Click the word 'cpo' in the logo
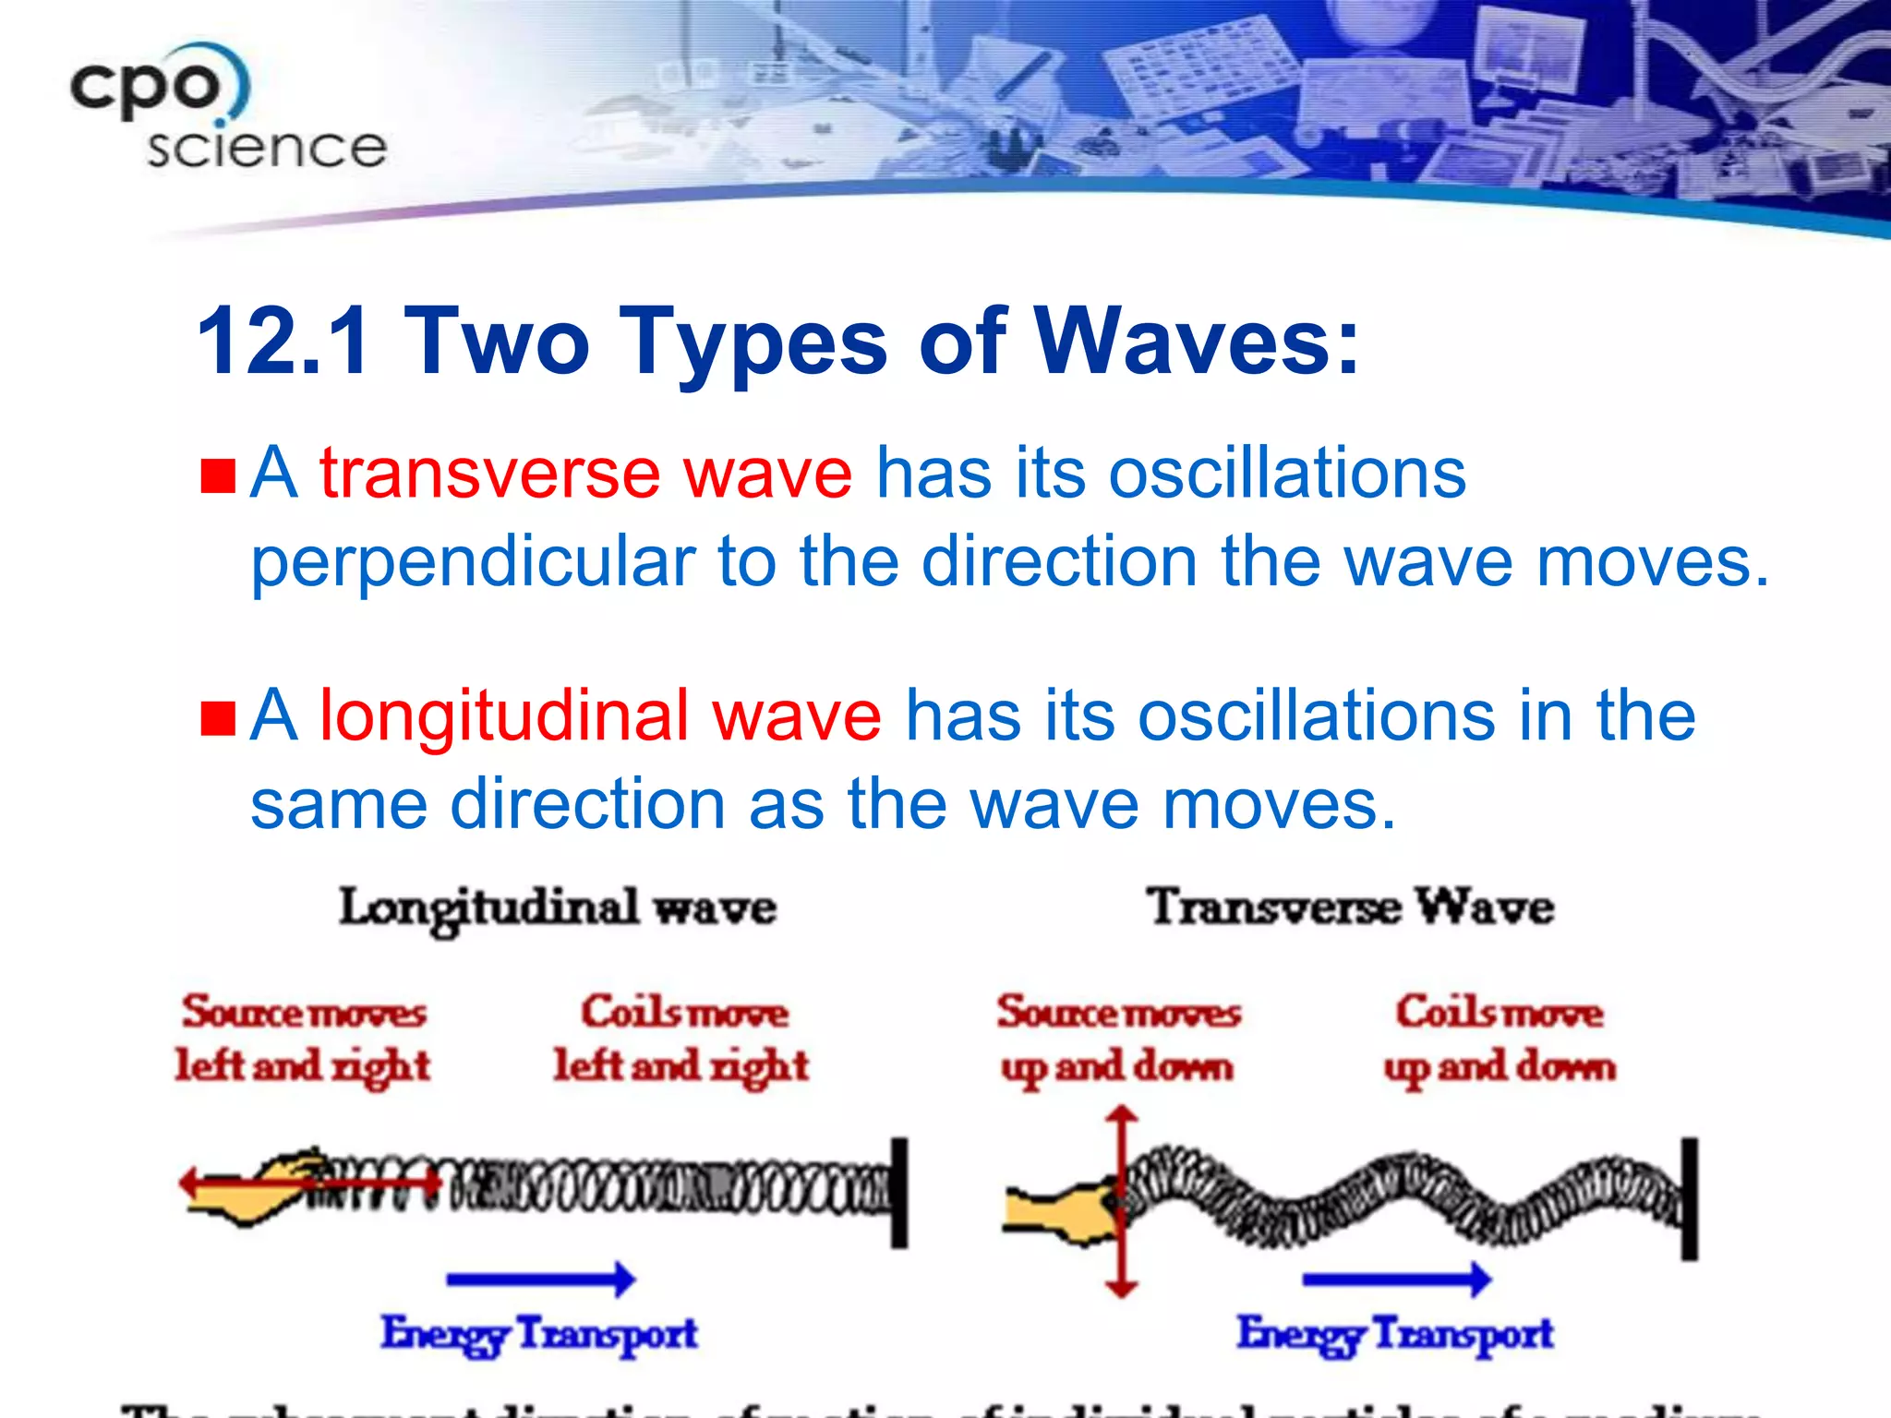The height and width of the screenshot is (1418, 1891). coord(148,88)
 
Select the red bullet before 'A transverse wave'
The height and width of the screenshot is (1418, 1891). coord(219,476)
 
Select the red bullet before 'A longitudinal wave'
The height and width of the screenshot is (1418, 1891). coord(219,719)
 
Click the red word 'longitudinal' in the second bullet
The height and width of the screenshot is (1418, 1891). coord(503,716)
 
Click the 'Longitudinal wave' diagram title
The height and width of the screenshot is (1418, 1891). coord(558,908)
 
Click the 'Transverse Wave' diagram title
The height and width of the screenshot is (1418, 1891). coord(1350,907)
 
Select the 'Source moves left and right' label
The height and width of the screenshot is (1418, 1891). coord(303,1039)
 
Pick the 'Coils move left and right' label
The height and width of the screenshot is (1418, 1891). coord(681,1039)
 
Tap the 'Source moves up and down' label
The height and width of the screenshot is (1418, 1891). coord(1118,1039)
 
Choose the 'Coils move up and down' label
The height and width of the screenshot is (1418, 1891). coord(1500,1039)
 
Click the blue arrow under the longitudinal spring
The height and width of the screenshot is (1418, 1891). coord(541,1279)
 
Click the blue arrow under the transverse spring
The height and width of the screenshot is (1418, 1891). coord(1396,1279)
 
